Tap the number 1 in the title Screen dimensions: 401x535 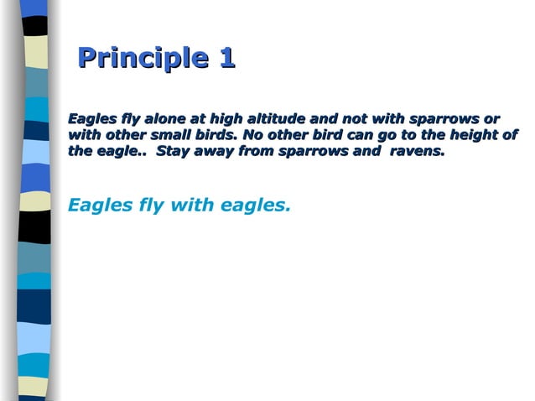(226, 58)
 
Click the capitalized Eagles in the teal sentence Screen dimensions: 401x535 (96, 204)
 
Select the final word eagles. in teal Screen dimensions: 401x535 (255, 204)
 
